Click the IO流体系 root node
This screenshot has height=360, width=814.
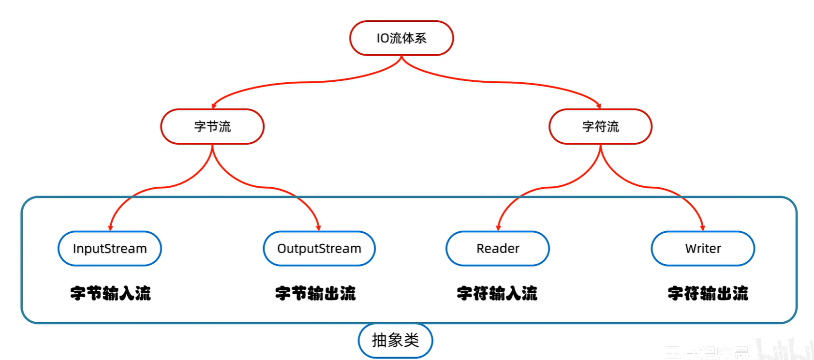coord(401,38)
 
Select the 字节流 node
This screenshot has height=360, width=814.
coord(212,127)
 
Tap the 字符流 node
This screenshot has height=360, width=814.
coord(600,127)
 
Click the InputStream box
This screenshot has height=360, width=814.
coord(110,249)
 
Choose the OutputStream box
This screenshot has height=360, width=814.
coord(319,249)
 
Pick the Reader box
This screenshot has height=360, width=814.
coord(498,249)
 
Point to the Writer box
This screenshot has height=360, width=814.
coord(703,249)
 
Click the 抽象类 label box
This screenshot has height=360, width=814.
coord(395,341)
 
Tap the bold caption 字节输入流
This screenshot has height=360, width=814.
coord(111,293)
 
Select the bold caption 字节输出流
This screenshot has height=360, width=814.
coord(315,293)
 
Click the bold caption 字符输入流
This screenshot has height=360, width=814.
coord(497,293)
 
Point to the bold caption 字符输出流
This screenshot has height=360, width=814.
coord(708,293)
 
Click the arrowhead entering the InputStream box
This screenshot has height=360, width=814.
coord(110,227)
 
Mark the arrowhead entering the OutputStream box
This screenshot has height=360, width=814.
coord(318,227)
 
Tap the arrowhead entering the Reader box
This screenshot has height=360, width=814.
coord(498,227)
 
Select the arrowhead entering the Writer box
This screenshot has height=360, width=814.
coord(702,227)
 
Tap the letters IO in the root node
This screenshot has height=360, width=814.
coord(383,38)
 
